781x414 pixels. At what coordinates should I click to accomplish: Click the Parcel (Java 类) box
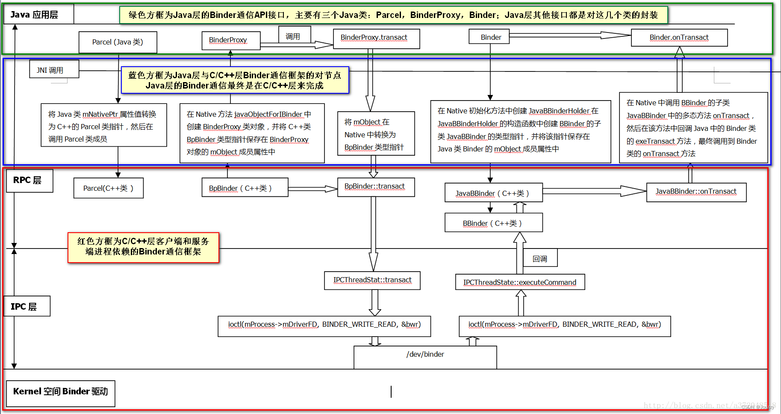tap(118, 42)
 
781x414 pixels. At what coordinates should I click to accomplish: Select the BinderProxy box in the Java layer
tap(231, 40)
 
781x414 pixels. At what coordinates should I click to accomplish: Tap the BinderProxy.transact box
tap(376, 38)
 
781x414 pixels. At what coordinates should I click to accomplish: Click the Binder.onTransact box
tap(679, 38)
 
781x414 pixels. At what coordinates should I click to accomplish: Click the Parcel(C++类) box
tap(108, 188)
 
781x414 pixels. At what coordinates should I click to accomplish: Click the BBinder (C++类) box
tap(493, 223)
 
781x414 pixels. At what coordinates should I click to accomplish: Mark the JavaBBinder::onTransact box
tap(696, 192)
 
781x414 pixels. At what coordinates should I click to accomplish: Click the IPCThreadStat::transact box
tap(372, 281)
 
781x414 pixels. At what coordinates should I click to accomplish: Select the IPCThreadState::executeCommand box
tap(520, 282)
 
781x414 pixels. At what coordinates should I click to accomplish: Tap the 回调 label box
tap(540, 258)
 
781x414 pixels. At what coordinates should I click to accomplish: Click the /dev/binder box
tap(425, 357)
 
